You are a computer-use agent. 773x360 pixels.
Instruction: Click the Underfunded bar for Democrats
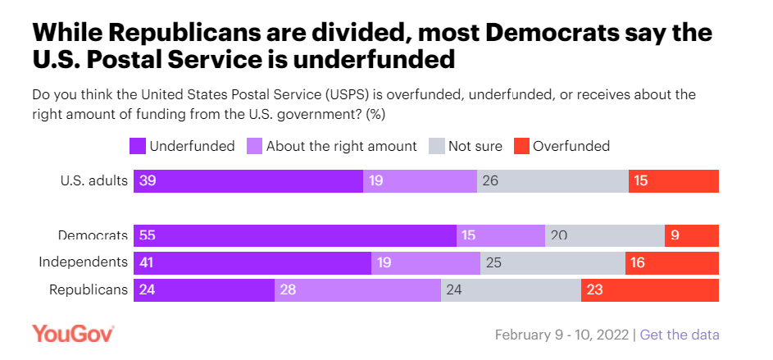[x=295, y=235]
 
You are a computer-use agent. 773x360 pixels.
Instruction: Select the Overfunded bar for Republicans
[x=649, y=289]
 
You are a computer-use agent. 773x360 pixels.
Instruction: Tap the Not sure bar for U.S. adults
[x=552, y=181]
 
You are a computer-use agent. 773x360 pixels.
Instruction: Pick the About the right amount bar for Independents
[x=425, y=262]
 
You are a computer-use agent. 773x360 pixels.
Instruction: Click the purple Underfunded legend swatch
[x=138, y=146]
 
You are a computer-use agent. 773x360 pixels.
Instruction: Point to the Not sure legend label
[x=475, y=146]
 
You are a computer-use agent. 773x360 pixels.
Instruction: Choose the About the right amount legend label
[x=340, y=146]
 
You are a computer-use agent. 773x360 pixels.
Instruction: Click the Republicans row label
[x=89, y=289]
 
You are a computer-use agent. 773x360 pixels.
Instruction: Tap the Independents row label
[x=84, y=262]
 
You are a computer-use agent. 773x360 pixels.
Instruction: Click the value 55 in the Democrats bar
[x=148, y=235]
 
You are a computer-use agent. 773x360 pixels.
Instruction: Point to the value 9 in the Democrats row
[x=675, y=235]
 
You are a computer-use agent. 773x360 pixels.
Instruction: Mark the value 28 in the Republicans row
[x=288, y=289]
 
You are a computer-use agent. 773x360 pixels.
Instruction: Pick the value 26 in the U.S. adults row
[x=490, y=181]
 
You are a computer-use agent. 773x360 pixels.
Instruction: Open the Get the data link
[x=680, y=335]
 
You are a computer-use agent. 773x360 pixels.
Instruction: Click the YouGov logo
[x=73, y=334]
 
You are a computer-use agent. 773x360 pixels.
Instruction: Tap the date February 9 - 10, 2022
[x=562, y=335]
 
